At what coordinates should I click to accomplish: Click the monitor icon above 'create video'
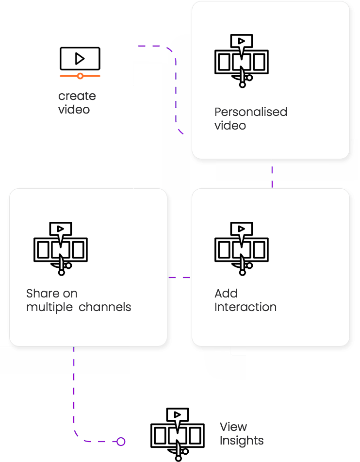coord(80,59)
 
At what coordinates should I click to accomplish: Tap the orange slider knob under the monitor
coord(81,76)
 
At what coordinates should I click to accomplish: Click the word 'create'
coord(77,96)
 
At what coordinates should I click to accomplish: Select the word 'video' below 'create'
coord(74,110)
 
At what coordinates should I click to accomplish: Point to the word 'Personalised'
coord(251,112)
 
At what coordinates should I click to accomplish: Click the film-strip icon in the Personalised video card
coord(242,62)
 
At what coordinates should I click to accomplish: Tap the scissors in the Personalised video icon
coord(242,78)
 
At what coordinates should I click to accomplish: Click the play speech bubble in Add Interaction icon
coord(242,229)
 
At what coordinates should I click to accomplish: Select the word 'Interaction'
coord(245,307)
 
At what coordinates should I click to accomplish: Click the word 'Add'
coord(226,294)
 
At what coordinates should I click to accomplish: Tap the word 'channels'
coord(105,307)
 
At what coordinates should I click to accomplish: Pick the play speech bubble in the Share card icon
coord(61,229)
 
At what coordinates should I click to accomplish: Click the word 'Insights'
coord(242,441)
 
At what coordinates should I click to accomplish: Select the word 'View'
coord(233,427)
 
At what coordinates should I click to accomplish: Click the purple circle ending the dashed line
coord(121,442)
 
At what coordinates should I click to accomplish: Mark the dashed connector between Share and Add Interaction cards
coord(180,278)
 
